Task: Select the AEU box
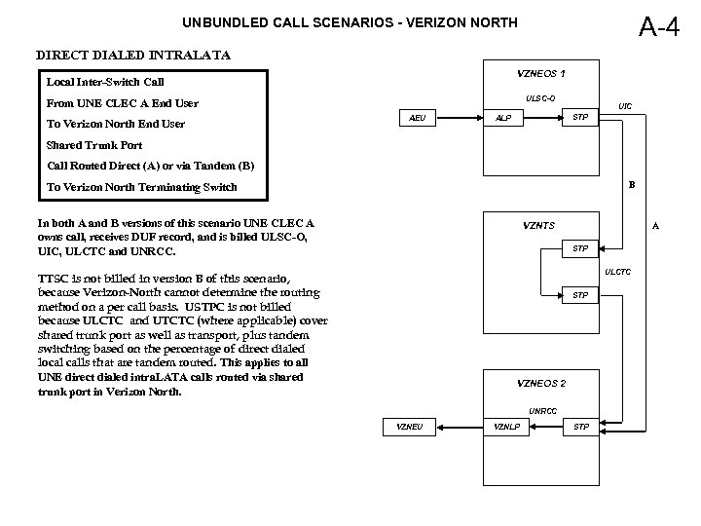[x=418, y=118]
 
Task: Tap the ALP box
[x=503, y=118]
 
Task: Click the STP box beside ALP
[x=579, y=118]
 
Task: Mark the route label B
[x=632, y=183]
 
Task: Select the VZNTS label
[x=538, y=226]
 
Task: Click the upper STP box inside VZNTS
[x=579, y=248]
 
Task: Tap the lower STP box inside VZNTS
[x=579, y=294]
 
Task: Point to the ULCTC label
[x=618, y=271]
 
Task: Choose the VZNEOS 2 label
[x=541, y=384]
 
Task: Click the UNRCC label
[x=542, y=410]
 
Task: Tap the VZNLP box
[x=507, y=427]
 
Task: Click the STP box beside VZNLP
[x=581, y=427]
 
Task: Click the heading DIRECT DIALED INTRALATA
[x=133, y=56]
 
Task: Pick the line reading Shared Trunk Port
[x=93, y=144]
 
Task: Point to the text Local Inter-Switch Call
[x=106, y=82]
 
